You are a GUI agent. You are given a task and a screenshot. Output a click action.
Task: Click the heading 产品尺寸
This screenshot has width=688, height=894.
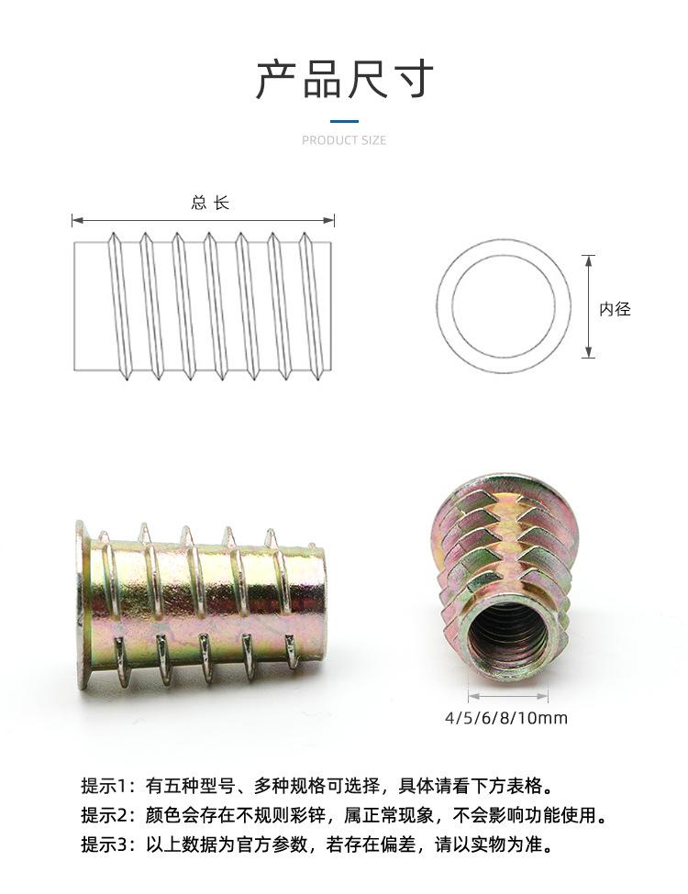click(x=344, y=80)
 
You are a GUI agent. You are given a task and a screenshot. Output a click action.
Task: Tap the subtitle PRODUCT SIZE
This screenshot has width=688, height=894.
click(x=344, y=140)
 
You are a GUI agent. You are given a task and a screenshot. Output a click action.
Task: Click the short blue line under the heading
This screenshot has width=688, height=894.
click(x=344, y=121)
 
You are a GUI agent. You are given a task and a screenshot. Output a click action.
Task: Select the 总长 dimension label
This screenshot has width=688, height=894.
click(x=210, y=203)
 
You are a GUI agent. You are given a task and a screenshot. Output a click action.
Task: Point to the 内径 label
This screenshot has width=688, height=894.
click(x=615, y=309)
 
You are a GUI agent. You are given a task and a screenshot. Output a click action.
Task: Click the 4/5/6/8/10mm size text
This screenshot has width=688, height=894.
click(x=506, y=717)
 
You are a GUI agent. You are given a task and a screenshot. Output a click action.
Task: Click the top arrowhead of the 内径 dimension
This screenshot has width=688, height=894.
click(x=589, y=261)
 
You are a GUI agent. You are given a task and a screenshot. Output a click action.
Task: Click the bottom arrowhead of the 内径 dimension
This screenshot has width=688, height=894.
click(x=589, y=352)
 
